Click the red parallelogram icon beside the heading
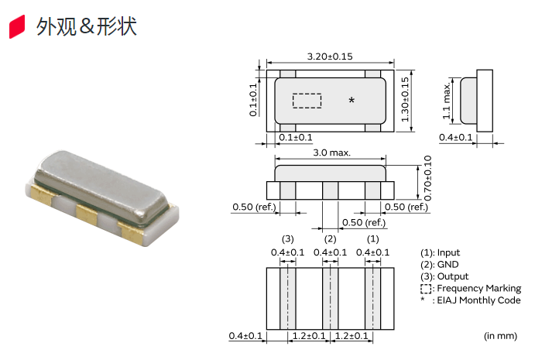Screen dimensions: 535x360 pos(17,26)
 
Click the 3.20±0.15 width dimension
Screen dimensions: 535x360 pos(330,57)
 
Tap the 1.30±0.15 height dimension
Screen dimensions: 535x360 pos(405,99)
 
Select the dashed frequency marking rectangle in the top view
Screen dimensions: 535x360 pos(307,101)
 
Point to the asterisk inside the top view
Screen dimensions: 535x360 pos(352,101)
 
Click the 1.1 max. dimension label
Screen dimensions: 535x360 pos(446,101)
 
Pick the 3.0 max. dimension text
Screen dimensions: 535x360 pos(331,153)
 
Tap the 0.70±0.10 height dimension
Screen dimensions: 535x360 pos(428,178)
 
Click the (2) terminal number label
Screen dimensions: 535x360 pos(330,239)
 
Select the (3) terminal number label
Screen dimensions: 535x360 pos(288,239)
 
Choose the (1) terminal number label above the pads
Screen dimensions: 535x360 pos(372,239)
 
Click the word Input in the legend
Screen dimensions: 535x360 pos(448,252)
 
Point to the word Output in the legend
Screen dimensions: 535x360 pos(453,276)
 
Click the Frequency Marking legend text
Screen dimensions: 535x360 pos(479,288)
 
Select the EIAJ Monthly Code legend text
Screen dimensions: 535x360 pos(478,300)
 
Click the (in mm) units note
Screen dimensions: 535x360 pos(500,336)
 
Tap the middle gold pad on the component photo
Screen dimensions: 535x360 pos(87,214)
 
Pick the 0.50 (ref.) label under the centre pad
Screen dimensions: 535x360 pos(364,223)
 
